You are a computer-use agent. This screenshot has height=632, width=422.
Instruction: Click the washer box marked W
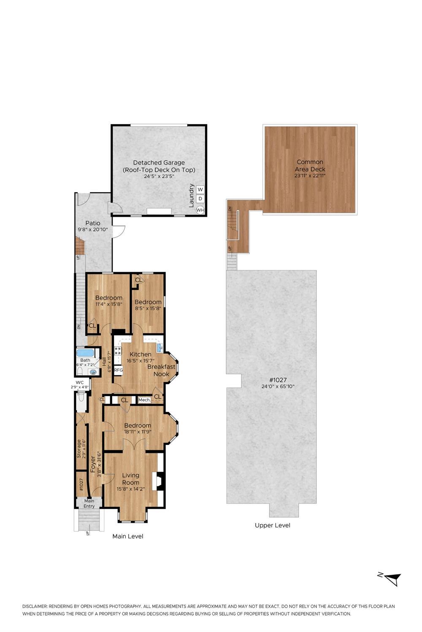(200, 189)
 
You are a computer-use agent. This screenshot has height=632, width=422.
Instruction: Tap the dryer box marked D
(200, 198)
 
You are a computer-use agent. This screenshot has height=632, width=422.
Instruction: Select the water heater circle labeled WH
(200, 210)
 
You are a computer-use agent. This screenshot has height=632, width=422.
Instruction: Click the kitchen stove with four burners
(118, 351)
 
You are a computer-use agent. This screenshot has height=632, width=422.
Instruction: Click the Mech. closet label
(144, 400)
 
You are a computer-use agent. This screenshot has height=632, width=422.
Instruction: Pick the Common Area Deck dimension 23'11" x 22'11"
(310, 176)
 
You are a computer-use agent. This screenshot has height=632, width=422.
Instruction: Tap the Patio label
(93, 223)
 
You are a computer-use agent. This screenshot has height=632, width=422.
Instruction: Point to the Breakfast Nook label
(161, 370)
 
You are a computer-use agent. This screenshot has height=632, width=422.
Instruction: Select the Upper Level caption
(273, 525)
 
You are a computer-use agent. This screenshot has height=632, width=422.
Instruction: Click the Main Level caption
(128, 536)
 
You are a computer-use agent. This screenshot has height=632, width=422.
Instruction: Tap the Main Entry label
(89, 503)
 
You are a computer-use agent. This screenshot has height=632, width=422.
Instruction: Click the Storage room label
(79, 449)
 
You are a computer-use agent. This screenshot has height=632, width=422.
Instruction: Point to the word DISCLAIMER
(35, 606)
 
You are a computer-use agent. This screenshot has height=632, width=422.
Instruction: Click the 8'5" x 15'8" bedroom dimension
(148, 308)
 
